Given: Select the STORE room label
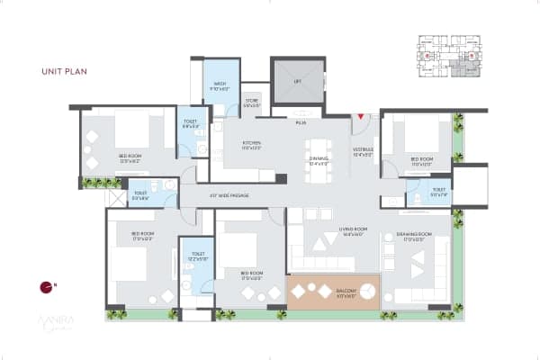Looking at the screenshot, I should (x=252, y=103).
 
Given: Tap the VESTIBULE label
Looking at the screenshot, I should (x=362, y=154).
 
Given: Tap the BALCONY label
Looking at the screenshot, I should (x=347, y=292).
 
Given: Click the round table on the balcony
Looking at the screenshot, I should (x=323, y=292).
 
